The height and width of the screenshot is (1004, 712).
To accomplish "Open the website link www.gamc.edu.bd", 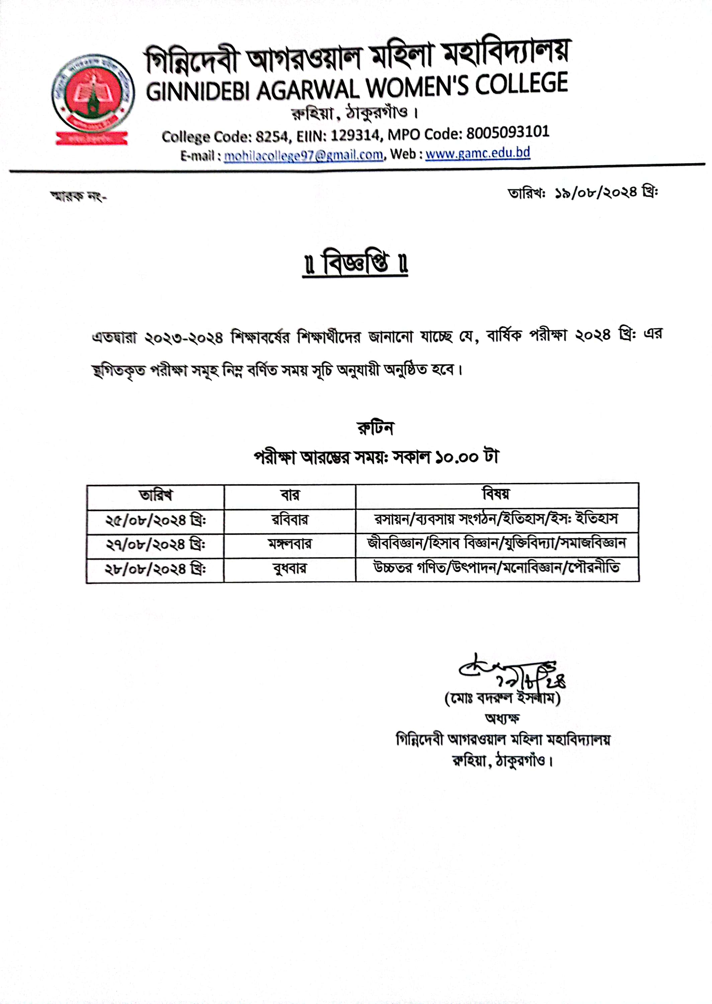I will (477, 153).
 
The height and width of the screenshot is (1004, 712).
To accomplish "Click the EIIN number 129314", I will (355, 135).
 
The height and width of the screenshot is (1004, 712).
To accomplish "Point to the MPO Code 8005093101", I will (507, 133).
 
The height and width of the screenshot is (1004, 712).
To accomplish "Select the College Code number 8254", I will (272, 136).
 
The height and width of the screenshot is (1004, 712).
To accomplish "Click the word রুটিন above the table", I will (375, 428).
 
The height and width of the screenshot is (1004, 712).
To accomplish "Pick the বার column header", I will (290, 495).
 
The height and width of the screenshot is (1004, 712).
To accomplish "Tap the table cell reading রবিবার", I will (290, 520).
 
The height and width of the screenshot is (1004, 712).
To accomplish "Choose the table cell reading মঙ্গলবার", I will (290, 545).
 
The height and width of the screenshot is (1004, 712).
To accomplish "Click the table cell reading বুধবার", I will (290, 569).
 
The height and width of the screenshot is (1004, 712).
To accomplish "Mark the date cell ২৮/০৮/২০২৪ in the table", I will (155, 570).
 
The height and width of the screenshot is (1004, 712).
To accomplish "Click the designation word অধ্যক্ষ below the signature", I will (503, 719).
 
